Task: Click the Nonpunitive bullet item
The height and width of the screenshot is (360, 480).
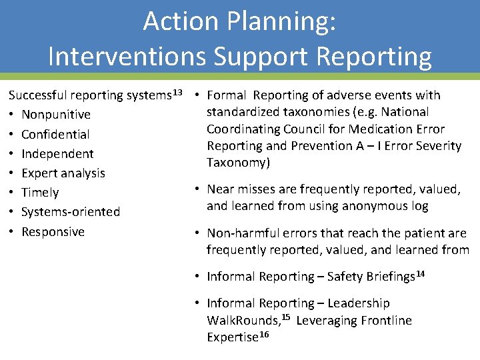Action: pyautogui.click(x=56, y=115)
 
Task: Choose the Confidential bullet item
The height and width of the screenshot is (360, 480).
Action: pyautogui.click(x=55, y=134)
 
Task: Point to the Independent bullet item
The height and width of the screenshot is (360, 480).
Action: pyautogui.click(x=57, y=154)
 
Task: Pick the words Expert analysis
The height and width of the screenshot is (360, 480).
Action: pyautogui.click(x=63, y=173)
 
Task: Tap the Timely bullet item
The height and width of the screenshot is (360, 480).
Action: pyautogui.click(x=40, y=193)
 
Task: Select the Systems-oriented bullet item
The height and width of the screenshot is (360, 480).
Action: pyautogui.click(x=71, y=212)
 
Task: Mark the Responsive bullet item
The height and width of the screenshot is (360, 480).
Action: pyautogui.click(x=53, y=232)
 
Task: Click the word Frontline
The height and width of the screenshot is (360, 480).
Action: pyautogui.click(x=387, y=321)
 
